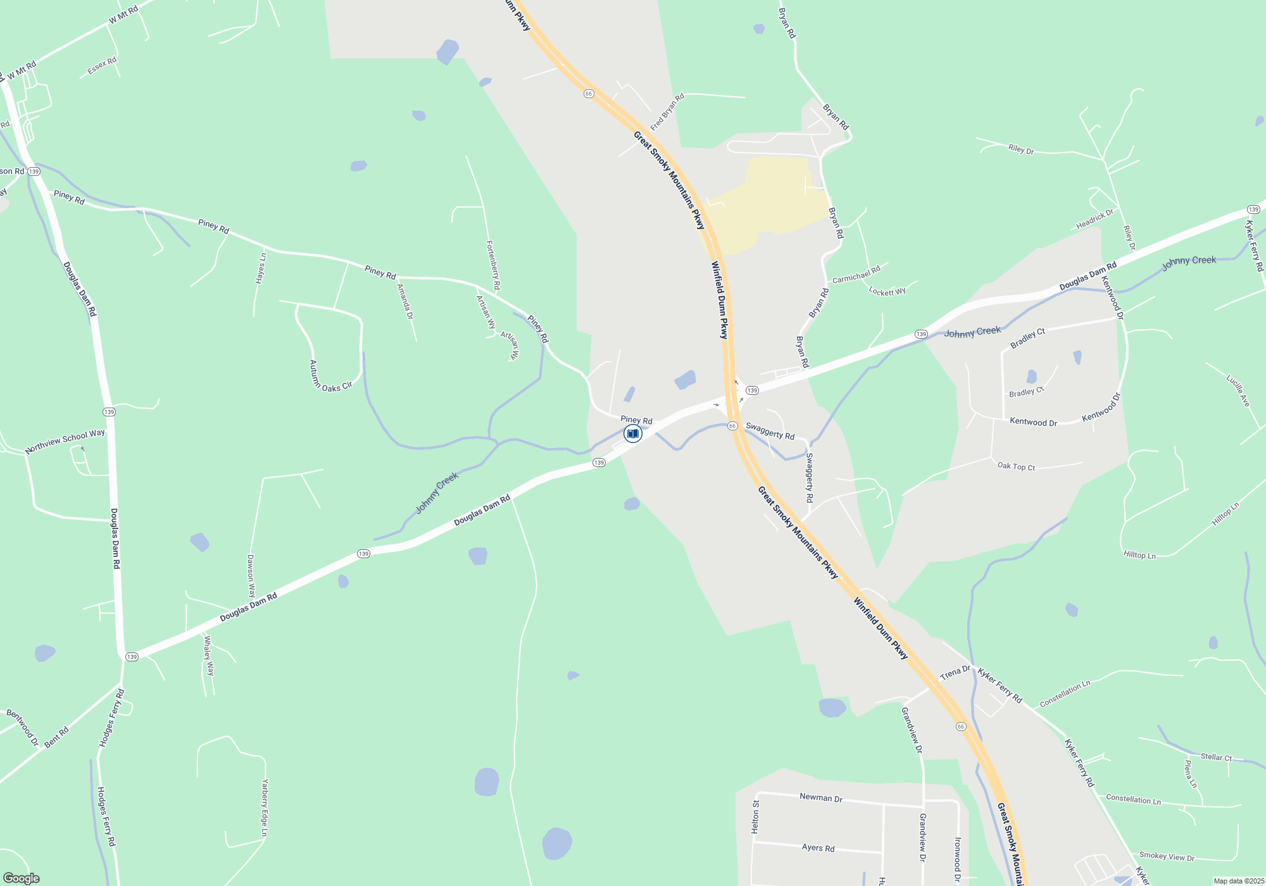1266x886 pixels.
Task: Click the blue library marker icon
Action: tap(632, 434)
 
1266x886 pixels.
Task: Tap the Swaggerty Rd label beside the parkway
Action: tap(770, 431)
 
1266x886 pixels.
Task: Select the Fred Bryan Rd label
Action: tap(668, 111)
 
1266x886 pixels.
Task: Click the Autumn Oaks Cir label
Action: tap(329, 377)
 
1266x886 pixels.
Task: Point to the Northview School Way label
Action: tap(65, 441)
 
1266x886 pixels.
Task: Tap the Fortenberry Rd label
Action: tap(493, 265)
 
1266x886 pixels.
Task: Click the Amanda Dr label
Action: tap(405, 301)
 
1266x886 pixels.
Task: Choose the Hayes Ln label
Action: tap(261, 268)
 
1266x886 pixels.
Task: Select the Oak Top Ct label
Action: tap(1016, 466)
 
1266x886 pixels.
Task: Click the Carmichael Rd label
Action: tap(856, 275)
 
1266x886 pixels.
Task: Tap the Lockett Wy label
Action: tap(887, 291)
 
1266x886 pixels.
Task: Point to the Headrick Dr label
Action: tap(1094, 220)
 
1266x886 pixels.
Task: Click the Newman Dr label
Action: tap(820, 797)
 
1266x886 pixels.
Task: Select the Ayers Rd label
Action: tap(818, 847)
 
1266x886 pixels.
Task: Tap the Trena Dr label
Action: tap(955, 673)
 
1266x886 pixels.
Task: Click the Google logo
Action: tap(22, 878)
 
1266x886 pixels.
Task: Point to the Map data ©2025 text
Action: tap(1238, 881)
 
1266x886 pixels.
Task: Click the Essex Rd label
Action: tap(102, 65)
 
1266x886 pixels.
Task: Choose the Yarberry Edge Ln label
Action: tap(265, 808)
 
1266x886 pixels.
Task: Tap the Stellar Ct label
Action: tap(1216, 757)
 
